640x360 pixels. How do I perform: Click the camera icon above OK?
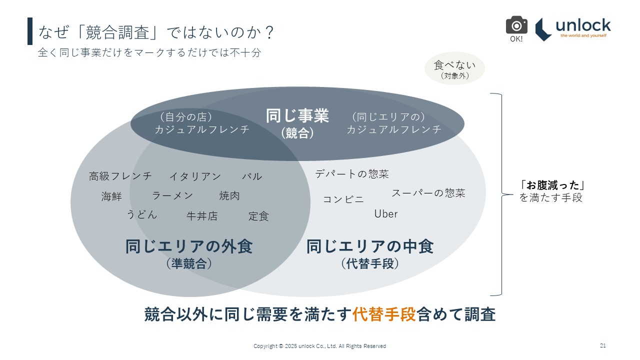point(516,25)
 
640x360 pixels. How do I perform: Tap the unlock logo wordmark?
point(583,25)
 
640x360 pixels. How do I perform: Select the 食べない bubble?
point(454,68)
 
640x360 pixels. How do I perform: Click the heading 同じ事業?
point(297,116)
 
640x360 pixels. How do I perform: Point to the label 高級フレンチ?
point(120,176)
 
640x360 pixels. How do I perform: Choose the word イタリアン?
point(195,176)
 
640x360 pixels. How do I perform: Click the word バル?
point(252,176)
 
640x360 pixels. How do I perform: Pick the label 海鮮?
point(111,196)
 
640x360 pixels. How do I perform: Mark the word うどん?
point(141,215)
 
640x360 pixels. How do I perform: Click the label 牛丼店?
point(202,216)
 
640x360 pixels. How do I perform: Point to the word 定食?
point(258,216)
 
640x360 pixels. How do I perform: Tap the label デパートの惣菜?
point(352,174)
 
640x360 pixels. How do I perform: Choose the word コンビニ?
point(343,199)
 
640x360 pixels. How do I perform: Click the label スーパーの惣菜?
point(428,193)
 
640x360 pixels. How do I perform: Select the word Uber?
point(386,214)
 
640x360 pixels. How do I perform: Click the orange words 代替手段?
point(384,314)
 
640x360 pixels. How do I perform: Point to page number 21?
point(603,345)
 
